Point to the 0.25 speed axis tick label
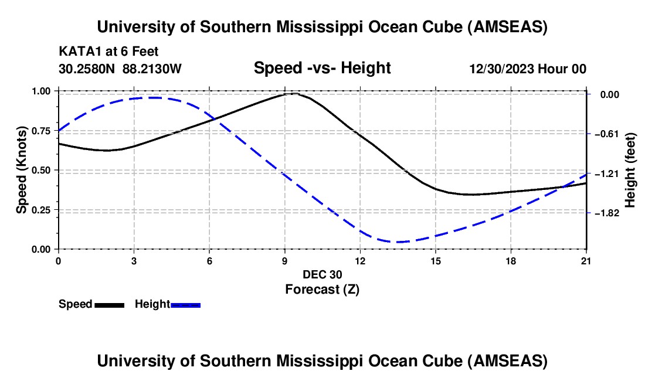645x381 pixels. (x=41, y=210)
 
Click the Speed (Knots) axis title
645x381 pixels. (x=22, y=170)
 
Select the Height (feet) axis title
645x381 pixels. (x=631, y=171)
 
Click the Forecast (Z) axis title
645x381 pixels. (x=322, y=289)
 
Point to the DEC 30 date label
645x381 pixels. (x=322, y=274)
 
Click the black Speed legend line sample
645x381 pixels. (x=109, y=305)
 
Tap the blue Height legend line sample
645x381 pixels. (x=185, y=305)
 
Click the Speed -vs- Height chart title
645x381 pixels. (x=322, y=68)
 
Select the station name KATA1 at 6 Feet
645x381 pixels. (x=108, y=52)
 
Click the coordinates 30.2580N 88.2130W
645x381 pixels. (x=120, y=69)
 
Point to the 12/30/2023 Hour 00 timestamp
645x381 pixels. (x=527, y=69)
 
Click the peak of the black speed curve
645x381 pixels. (x=292, y=93)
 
